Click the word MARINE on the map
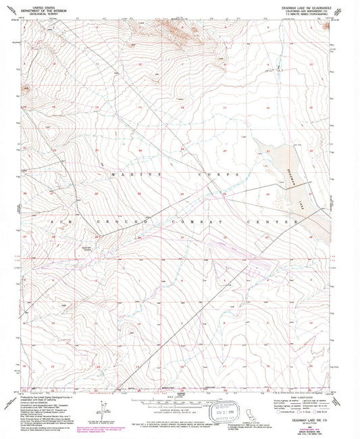122,174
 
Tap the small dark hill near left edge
26,88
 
